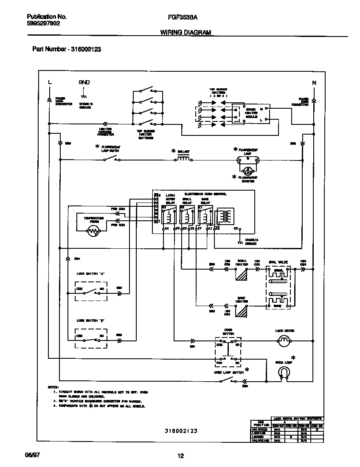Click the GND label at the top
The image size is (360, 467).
(84, 82)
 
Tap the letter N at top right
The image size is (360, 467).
(314, 83)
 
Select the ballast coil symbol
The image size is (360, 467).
(183, 159)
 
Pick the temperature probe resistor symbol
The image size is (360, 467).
(93, 231)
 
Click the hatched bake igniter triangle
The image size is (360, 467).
(242, 312)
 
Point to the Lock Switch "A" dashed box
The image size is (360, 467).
(91, 292)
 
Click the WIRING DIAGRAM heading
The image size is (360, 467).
(186, 33)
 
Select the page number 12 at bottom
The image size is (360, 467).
(180, 456)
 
